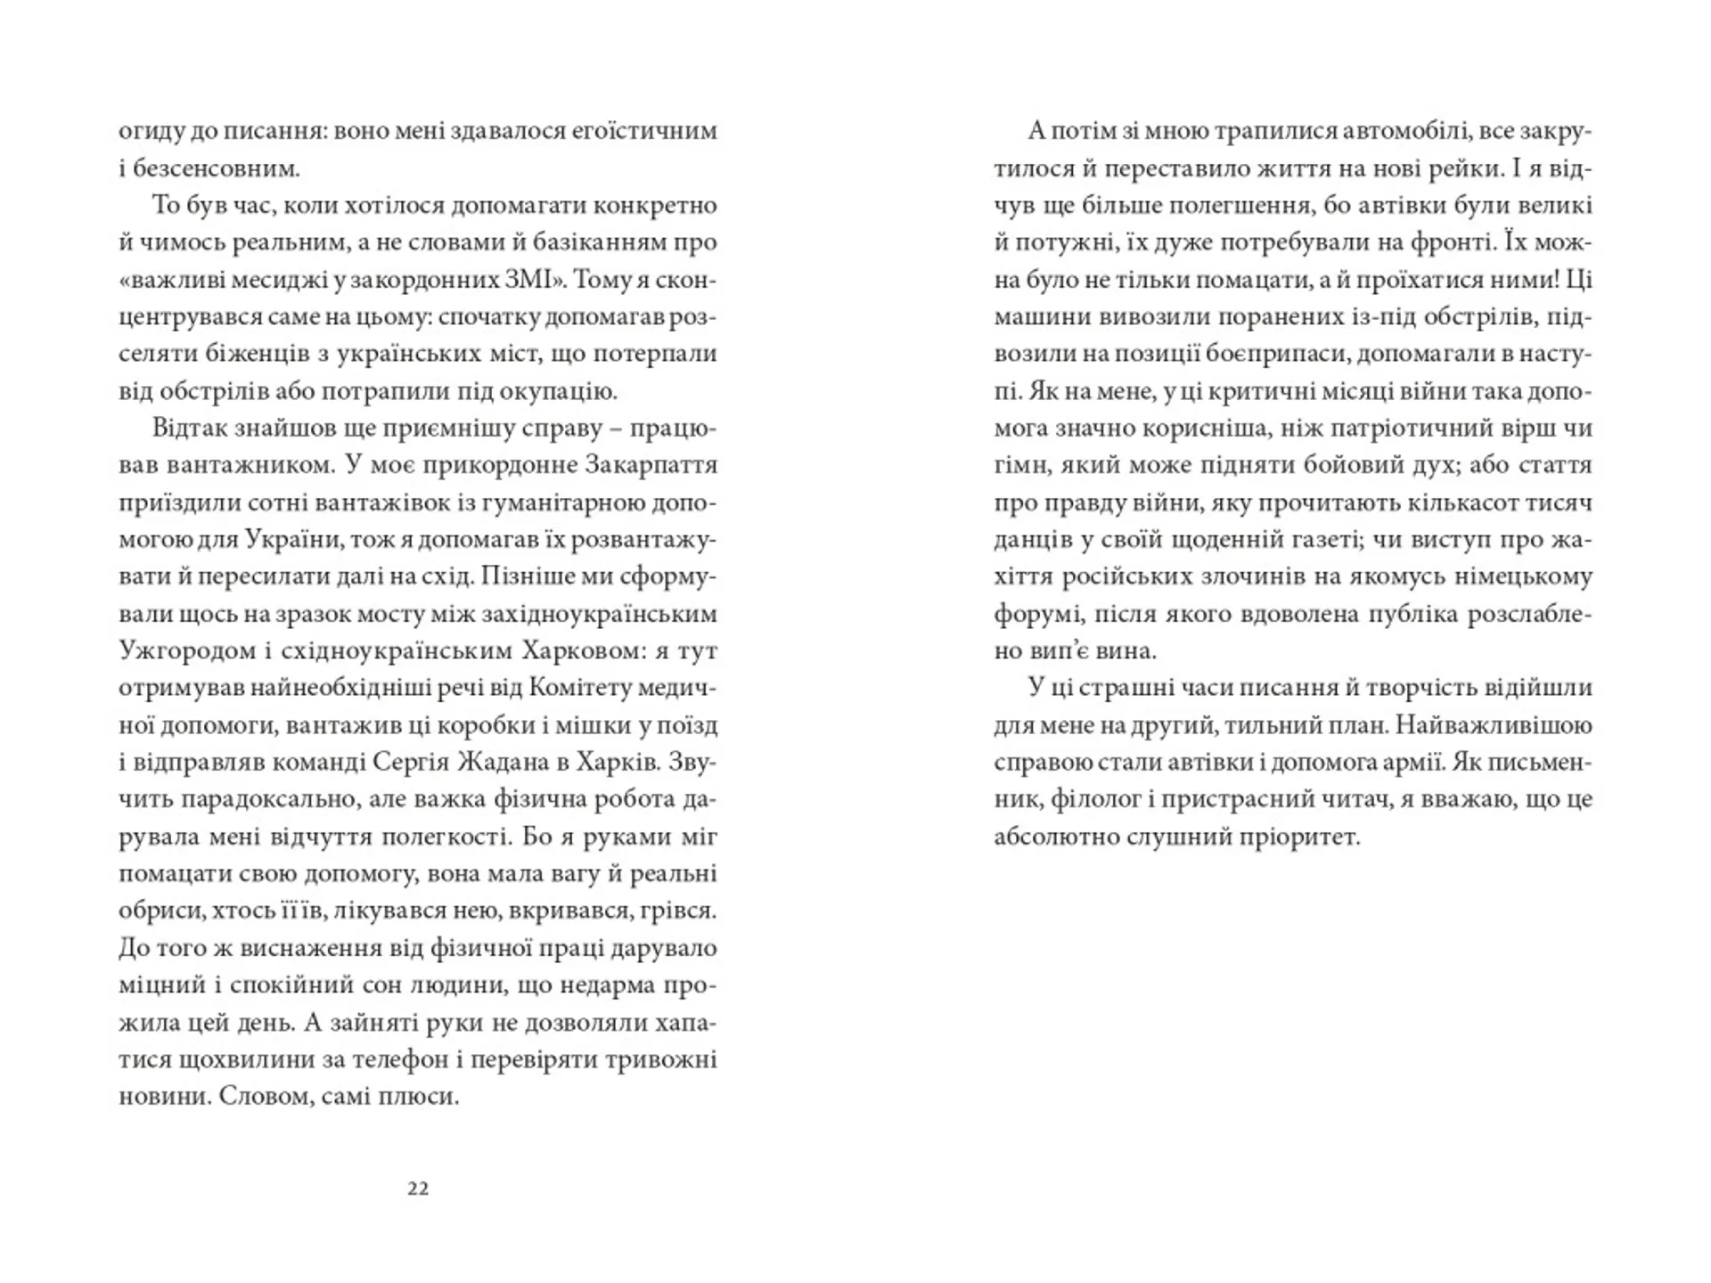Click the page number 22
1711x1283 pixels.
[x=418, y=1189]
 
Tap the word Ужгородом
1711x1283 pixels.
[x=185, y=651]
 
